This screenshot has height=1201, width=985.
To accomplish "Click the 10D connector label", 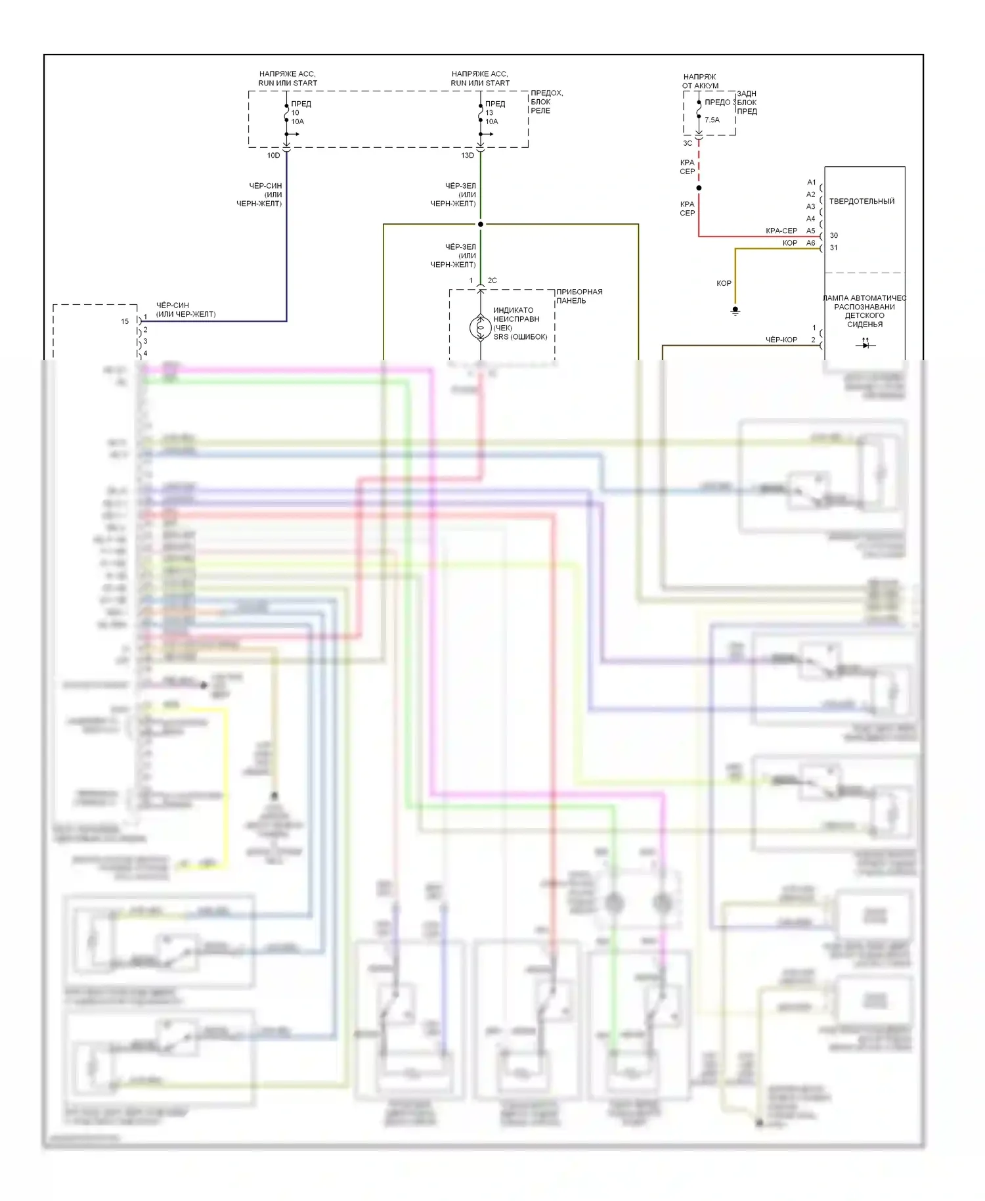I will pyautogui.click(x=273, y=156).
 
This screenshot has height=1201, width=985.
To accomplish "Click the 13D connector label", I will pyautogui.click(x=467, y=156).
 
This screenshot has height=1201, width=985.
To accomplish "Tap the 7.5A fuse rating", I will pyautogui.click(x=712, y=120).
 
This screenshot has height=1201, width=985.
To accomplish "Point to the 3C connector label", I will pyautogui.click(x=688, y=143).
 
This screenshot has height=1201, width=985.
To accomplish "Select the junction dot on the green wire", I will pyautogui.click(x=481, y=224).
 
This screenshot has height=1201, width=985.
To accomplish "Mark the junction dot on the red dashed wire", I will pyautogui.click(x=699, y=188).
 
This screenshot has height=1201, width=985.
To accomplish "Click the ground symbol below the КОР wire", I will pyautogui.click(x=735, y=310).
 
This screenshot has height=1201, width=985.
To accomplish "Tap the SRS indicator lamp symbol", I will pyautogui.click(x=481, y=327).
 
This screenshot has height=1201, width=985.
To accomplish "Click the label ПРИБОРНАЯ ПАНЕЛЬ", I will pyautogui.click(x=579, y=296).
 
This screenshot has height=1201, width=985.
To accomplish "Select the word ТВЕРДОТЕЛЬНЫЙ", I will pyautogui.click(x=862, y=202).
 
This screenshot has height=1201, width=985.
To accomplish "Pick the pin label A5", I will pyautogui.click(x=811, y=231).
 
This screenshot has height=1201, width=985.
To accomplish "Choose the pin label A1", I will pyautogui.click(x=812, y=183).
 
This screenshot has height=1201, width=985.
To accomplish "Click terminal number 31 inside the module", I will pyautogui.click(x=834, y=248).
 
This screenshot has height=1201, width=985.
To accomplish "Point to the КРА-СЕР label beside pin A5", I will pyautogui.click(x=781, y=231).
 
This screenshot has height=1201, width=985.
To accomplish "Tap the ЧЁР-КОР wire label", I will pyautogui.click(x=781, y=340).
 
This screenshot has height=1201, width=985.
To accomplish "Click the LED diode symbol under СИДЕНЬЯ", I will pyautogui.click(x=865, y=344).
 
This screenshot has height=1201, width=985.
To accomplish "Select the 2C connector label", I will pyautogui.click(x=492, y=281).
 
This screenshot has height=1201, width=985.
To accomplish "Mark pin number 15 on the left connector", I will pyautogui.click(x=125, y=322).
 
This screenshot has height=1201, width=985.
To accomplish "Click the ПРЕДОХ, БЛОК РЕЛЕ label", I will pyautogui.click(x=546, y=102).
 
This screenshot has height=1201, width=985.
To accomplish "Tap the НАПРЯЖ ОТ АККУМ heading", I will pyautogui.click(x=700, y=81).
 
